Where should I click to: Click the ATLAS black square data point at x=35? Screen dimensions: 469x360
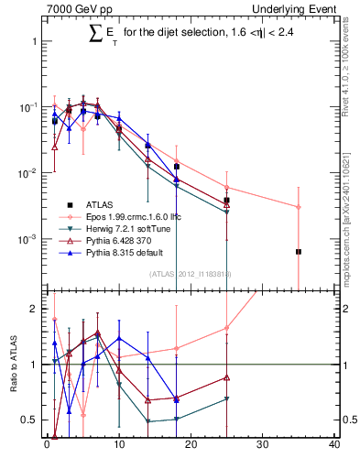click(x=299, y=251)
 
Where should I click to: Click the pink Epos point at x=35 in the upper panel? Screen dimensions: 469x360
click(x=299, y=207)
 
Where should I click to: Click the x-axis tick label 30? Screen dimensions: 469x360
click(x=262, y=447)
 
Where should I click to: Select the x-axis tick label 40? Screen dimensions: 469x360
click(x=334, y=447)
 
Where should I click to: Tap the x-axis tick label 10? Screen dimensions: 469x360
click(x=118, y=447)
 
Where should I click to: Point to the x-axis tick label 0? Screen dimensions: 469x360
click(x=47, y=447)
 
